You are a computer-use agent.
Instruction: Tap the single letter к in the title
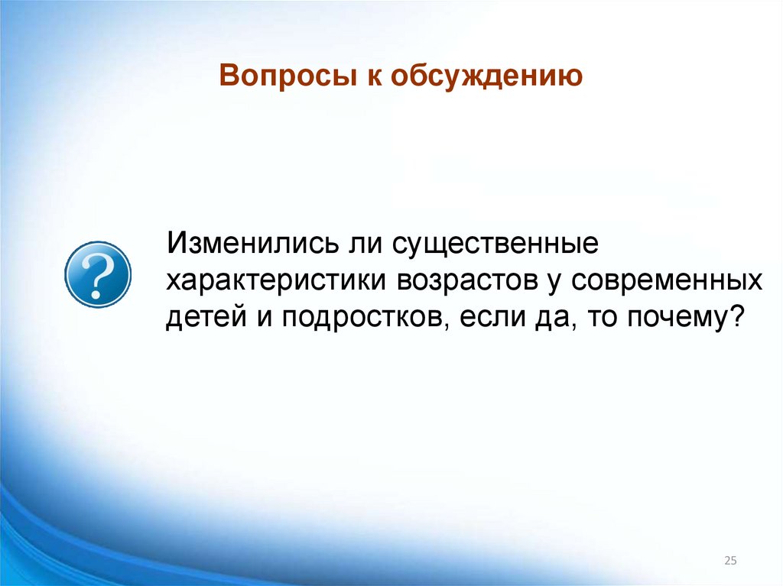[369, 78]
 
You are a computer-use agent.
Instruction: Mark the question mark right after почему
[736, 316]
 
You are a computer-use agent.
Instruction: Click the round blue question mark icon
[99, 274]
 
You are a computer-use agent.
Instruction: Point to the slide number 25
[730, 562]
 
